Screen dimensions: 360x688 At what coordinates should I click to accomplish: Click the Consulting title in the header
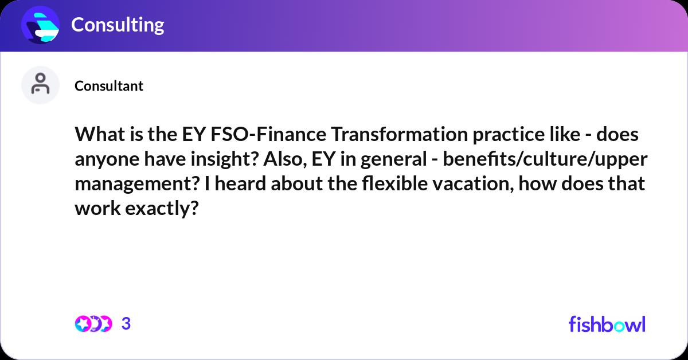(x=118, y=25)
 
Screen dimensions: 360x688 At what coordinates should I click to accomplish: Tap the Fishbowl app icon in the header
(x=41, y=25)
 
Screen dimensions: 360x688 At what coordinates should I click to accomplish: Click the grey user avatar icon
(x=40, y=85)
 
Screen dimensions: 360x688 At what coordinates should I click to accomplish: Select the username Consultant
(x=109, y=86)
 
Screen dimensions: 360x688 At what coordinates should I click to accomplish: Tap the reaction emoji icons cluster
(x=93, y=324)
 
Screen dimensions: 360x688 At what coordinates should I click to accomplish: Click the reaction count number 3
(x=127, y=324)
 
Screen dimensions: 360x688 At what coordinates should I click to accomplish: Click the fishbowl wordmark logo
(x=607, y=324)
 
